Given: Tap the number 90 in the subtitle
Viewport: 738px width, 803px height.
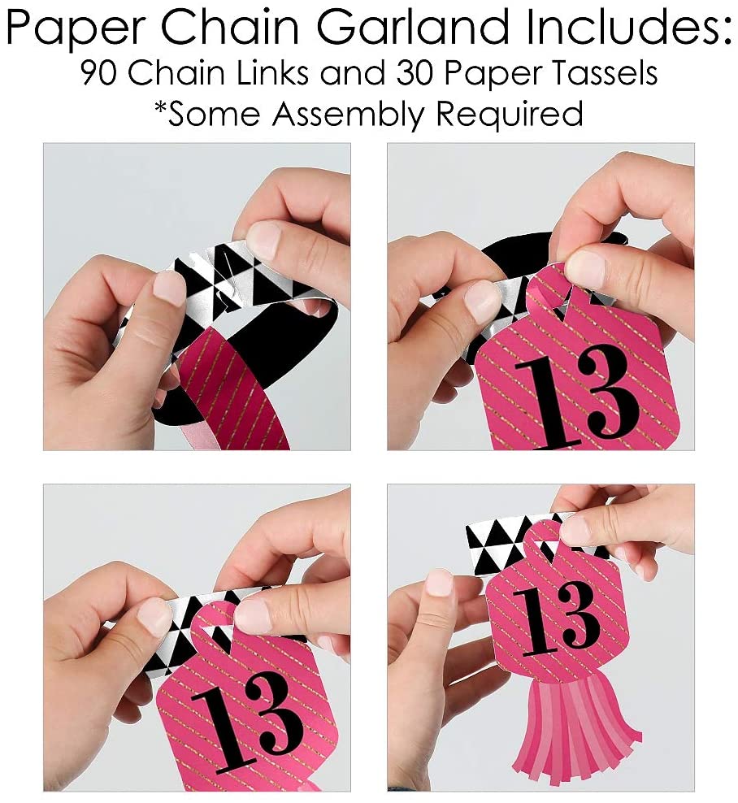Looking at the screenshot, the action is point(99,73).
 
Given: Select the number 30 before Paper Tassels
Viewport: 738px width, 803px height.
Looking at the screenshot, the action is point(415,73).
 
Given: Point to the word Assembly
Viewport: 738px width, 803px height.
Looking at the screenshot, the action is point(348,114).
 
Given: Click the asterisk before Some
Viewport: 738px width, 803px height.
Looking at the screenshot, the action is point(160,108).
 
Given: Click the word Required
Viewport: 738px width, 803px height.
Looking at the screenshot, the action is point(509,114).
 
